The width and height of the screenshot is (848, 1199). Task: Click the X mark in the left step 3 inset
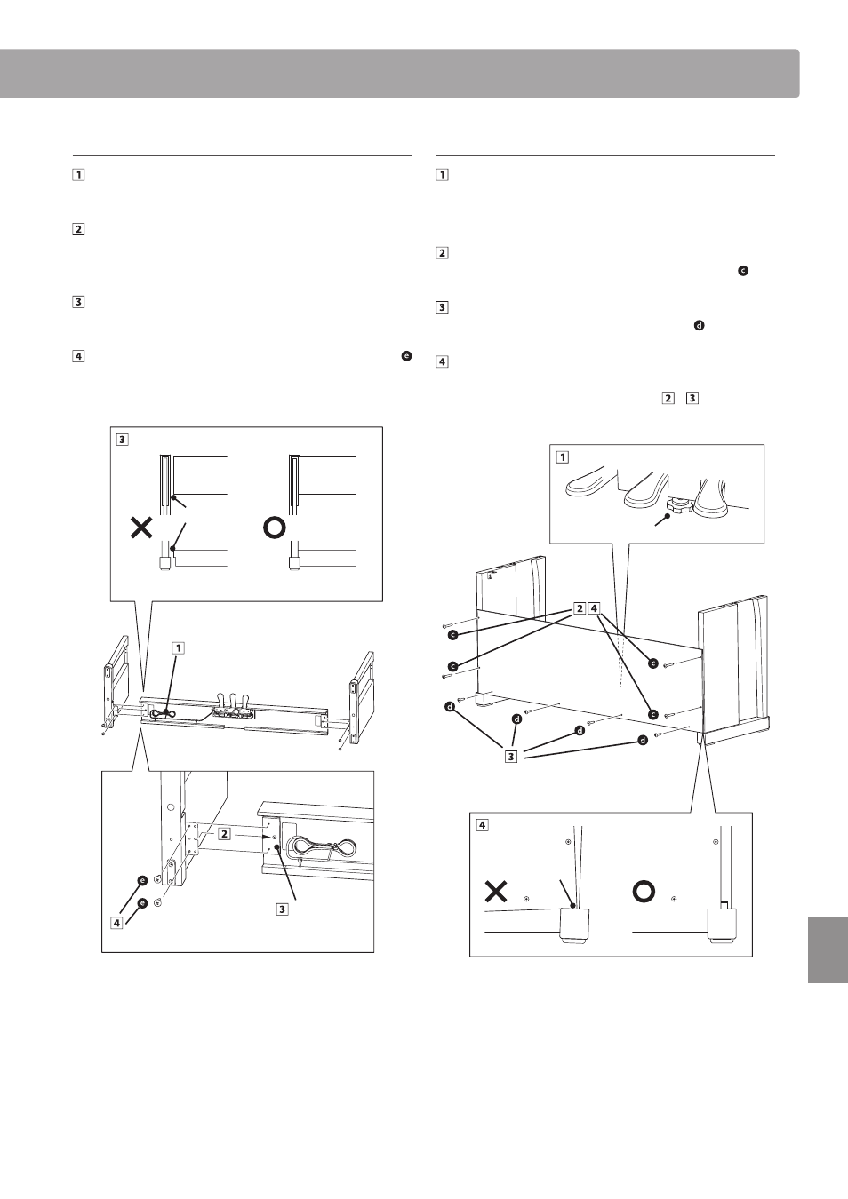[141, 529]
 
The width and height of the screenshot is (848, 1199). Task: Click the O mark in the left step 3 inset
[275, 528]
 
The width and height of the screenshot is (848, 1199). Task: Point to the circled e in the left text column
[406, 356]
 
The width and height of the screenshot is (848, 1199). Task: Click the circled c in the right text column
[742, 270]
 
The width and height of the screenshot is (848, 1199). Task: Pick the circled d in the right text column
[699, 326]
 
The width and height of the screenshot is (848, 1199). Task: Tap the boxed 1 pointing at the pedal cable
[178, 647]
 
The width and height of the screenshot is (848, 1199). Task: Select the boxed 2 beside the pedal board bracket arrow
[225, 834]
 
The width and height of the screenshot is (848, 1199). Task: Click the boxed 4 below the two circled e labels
[116, 922]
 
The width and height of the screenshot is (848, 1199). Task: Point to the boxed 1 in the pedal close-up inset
[561, 457]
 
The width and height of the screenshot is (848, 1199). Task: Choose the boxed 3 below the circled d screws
[511, 757]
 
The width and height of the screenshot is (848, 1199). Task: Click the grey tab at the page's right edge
[828, 949]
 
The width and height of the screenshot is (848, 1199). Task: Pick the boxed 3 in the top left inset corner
[122, 439]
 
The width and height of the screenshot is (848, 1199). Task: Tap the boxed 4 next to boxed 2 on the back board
[595, 608]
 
